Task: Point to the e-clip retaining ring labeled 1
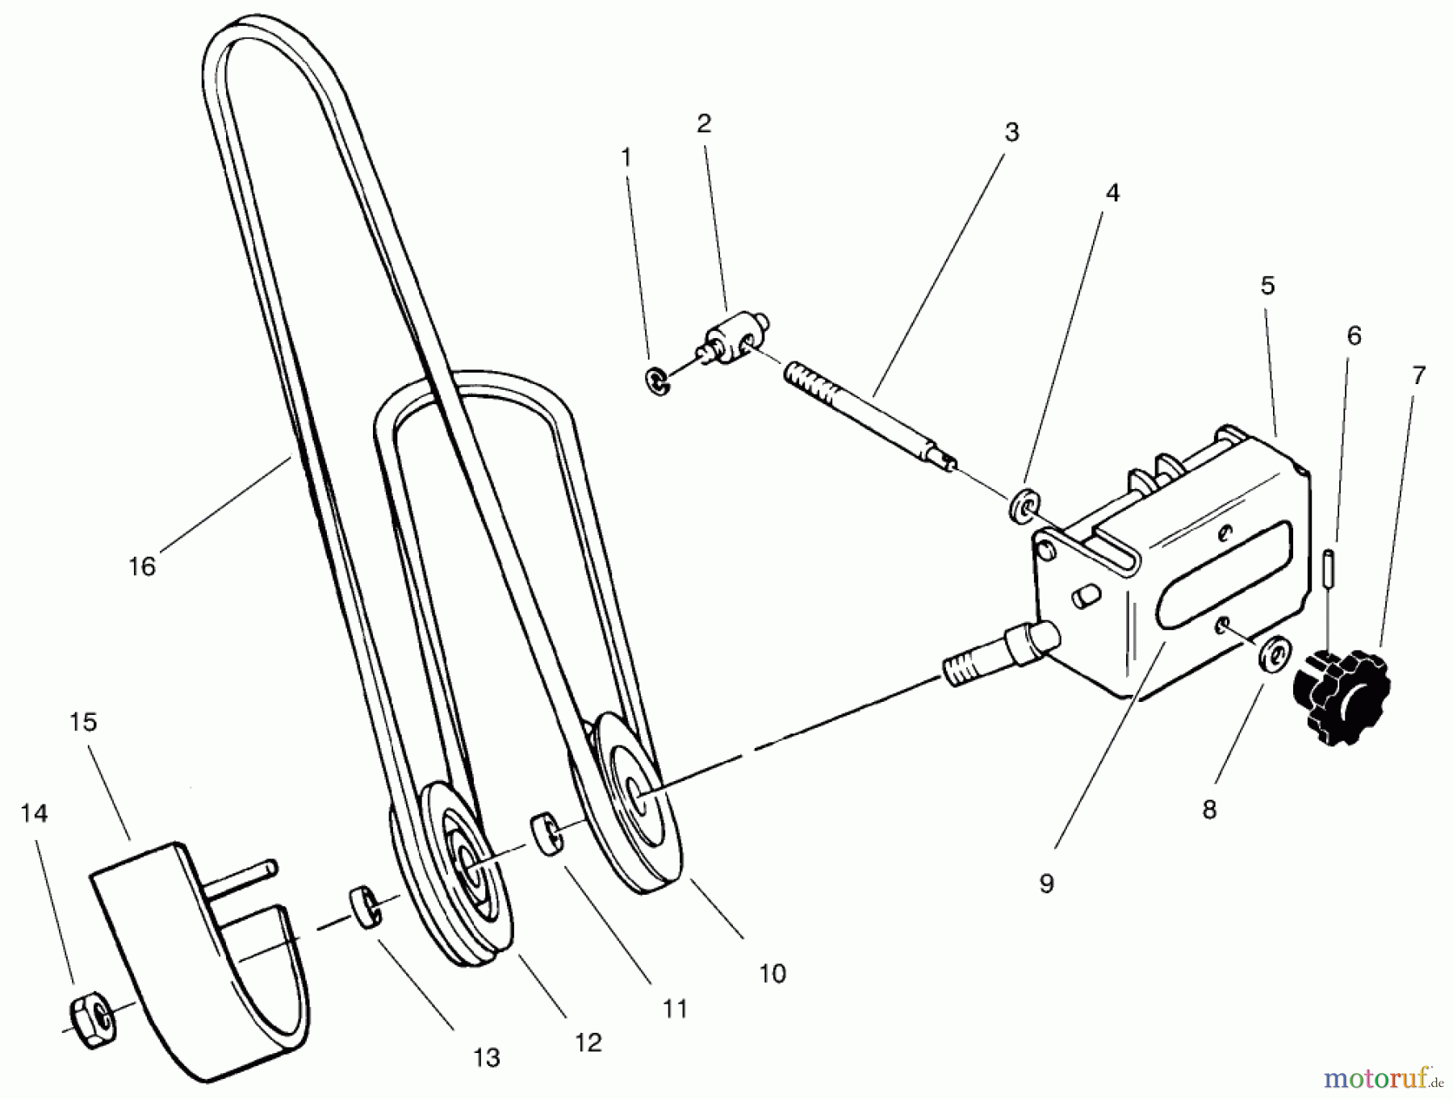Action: coord(660,382)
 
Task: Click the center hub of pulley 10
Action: coord(639,794)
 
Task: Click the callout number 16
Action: coord(142,566)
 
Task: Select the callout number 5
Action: coord(1267,285)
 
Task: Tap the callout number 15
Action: coord(84,722)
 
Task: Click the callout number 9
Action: coord(1046,884)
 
